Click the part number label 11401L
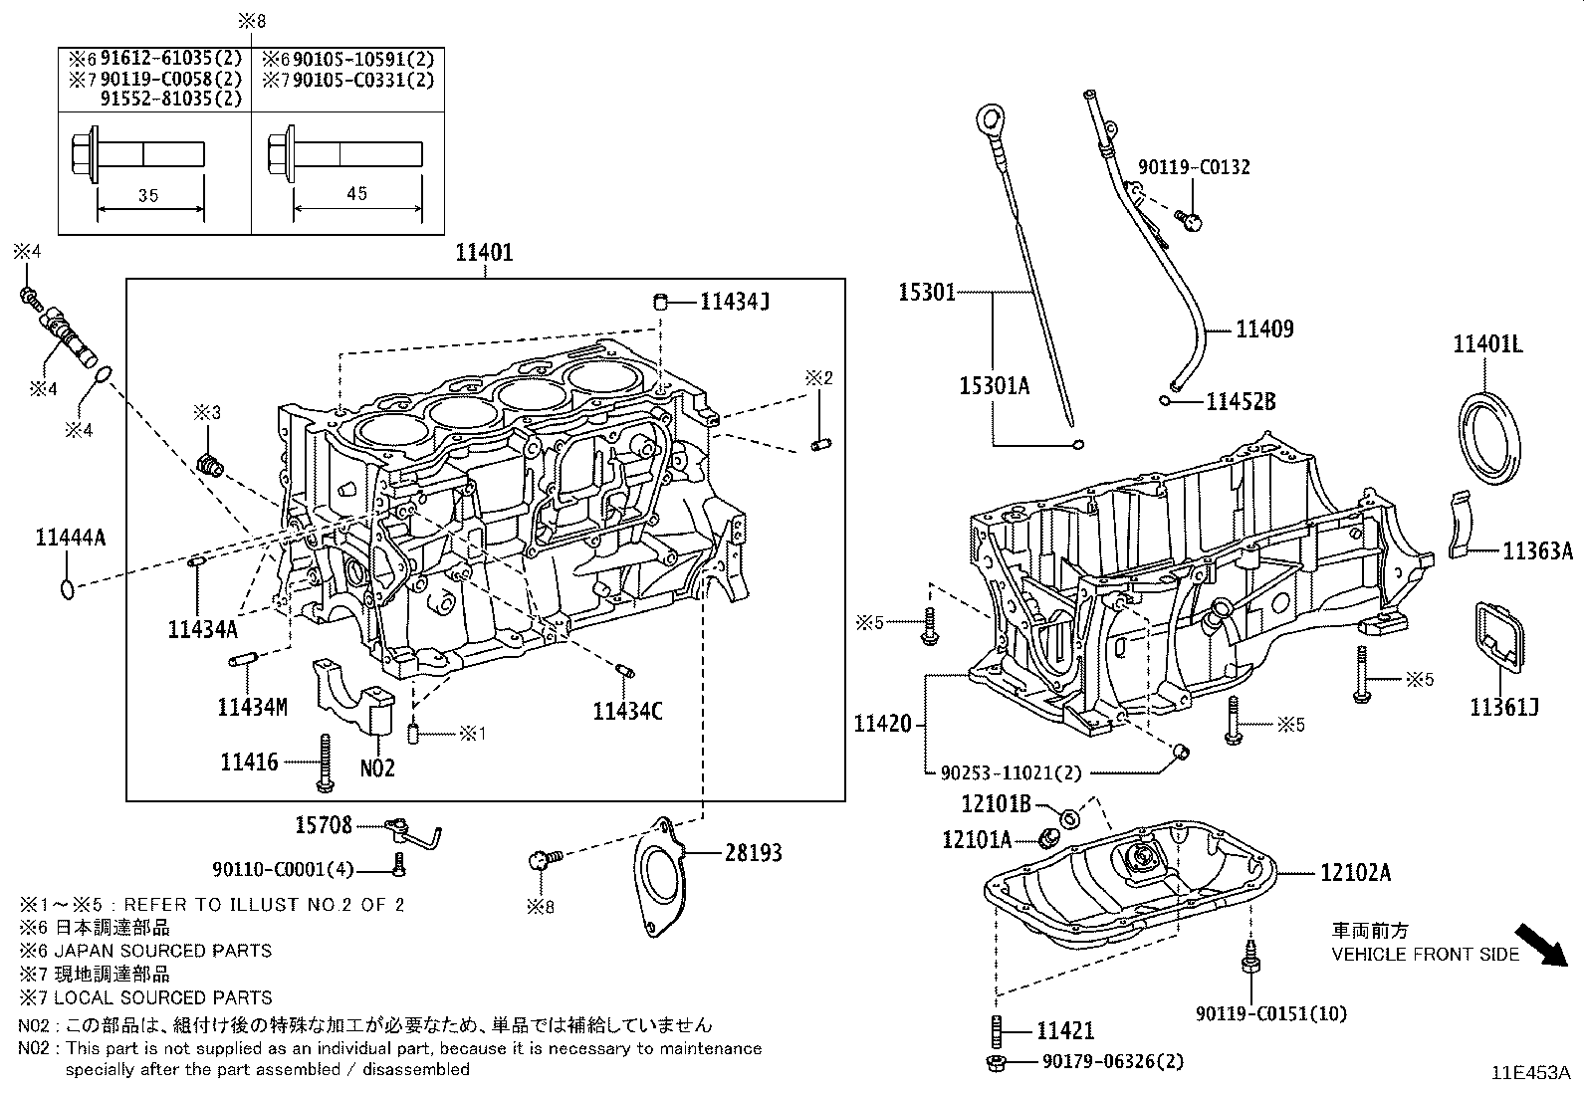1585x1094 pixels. coord(1487,345)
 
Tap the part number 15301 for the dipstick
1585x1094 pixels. coord(927,292)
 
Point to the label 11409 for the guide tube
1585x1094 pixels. coord(1264,329)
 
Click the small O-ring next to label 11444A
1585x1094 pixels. coord(67,588)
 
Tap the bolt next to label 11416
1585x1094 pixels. coord(325,764)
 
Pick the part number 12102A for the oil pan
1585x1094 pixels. coord(1355,873)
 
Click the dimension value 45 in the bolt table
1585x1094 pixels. coord(356,193)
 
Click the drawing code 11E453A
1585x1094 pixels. coord(1529,1073)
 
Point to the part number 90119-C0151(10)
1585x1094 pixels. coord(1270,1013)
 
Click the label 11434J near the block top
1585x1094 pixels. coord(735,301)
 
